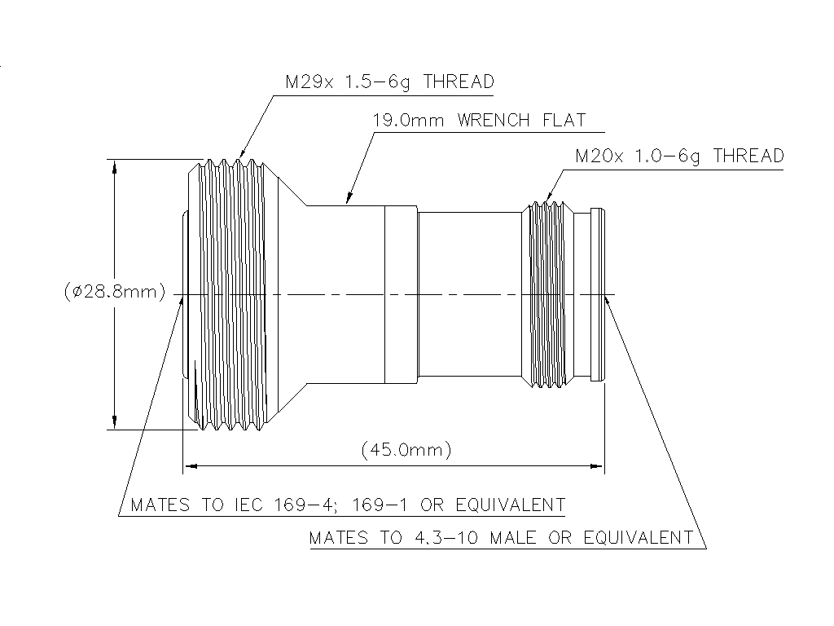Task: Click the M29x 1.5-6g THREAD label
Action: pos(389,82)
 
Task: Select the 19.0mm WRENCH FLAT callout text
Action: pos(479,121)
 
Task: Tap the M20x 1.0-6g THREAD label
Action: pos(679,156)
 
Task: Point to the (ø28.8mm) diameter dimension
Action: pos(114,291)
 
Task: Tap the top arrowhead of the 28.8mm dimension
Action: pos(115,165)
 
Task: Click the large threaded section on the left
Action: pos(232,293)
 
